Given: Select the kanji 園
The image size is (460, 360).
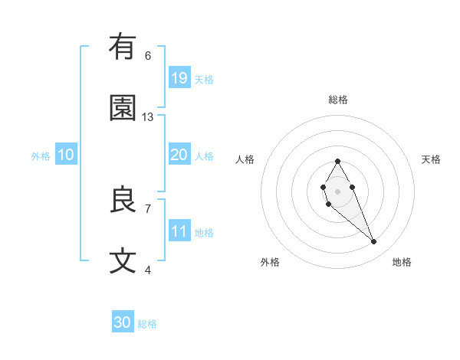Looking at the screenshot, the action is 123,108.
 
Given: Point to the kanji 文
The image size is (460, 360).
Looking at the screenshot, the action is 123,261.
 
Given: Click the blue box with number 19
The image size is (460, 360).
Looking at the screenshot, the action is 179,77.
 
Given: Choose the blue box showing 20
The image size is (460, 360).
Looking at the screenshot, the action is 179,154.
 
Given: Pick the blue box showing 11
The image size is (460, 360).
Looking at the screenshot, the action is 179,231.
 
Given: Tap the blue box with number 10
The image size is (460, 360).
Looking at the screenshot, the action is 66,155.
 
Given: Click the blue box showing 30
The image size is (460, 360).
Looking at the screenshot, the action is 123,322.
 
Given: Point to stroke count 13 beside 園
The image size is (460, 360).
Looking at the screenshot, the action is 148,117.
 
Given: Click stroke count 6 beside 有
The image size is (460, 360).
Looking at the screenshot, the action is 148,56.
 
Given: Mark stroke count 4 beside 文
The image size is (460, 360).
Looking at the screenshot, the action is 148,270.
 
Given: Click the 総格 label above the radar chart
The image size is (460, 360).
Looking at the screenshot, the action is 337,100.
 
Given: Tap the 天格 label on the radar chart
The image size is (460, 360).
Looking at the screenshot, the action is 431,159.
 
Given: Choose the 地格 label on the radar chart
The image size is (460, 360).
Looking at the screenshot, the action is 402,263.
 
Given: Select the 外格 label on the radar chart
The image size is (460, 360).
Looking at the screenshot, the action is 270,263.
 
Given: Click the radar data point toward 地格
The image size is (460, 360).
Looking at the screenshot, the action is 373,242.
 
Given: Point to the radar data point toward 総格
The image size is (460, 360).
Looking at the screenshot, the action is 337,161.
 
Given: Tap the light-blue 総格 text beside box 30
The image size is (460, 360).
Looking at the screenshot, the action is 148,324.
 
